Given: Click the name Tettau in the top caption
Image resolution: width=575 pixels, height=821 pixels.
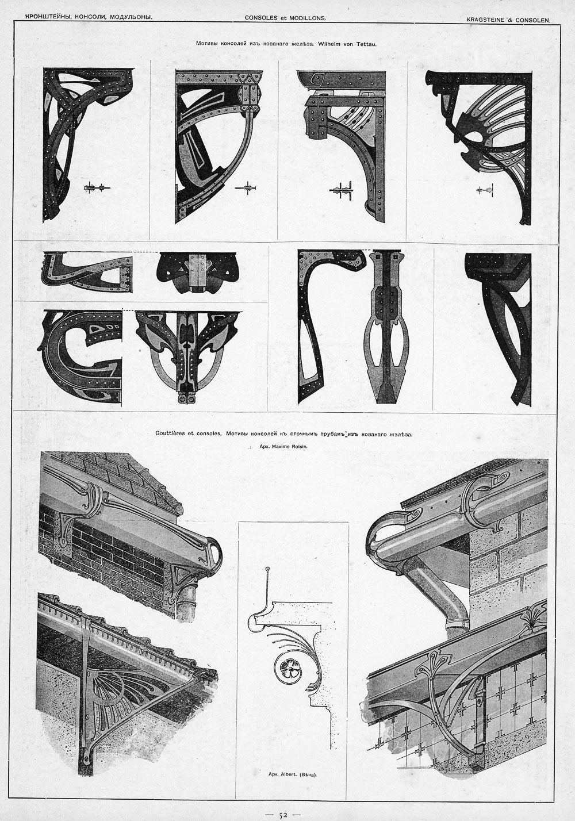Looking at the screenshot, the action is pyautogui.click(x=366, y=44).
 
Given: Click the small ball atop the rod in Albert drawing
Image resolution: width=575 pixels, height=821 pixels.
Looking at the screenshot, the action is pyautogui.click(x=267, y=569).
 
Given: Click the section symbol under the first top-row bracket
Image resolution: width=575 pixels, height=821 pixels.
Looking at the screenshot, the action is pyautogui.click(x=96, y=187).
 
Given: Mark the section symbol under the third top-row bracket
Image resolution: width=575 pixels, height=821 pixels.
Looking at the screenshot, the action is pyautogui.click(x=341, y=190).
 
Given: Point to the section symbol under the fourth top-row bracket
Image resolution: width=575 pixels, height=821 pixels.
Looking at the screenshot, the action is pyautogui.click(x=485, y=190).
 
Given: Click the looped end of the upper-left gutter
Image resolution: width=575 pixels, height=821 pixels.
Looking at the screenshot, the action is pyautogui.click(x=214, y=552).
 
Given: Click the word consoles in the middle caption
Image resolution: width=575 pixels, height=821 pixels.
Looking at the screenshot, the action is pyautogui.click(x=209, y=433).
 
